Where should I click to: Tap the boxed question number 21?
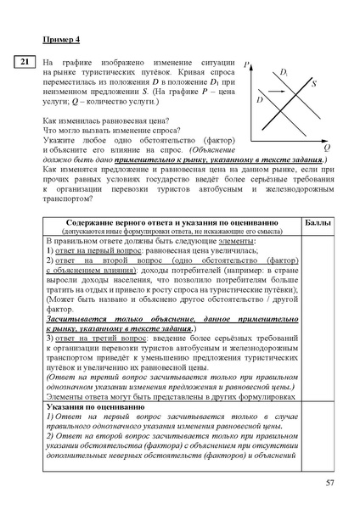click(x=25, y=62)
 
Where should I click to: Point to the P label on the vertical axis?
click(x=246, y=65)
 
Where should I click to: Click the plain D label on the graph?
click(x=258, y=100)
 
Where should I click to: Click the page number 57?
click(x=330, y=483)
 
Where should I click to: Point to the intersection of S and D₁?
click(x=296, y=97)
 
